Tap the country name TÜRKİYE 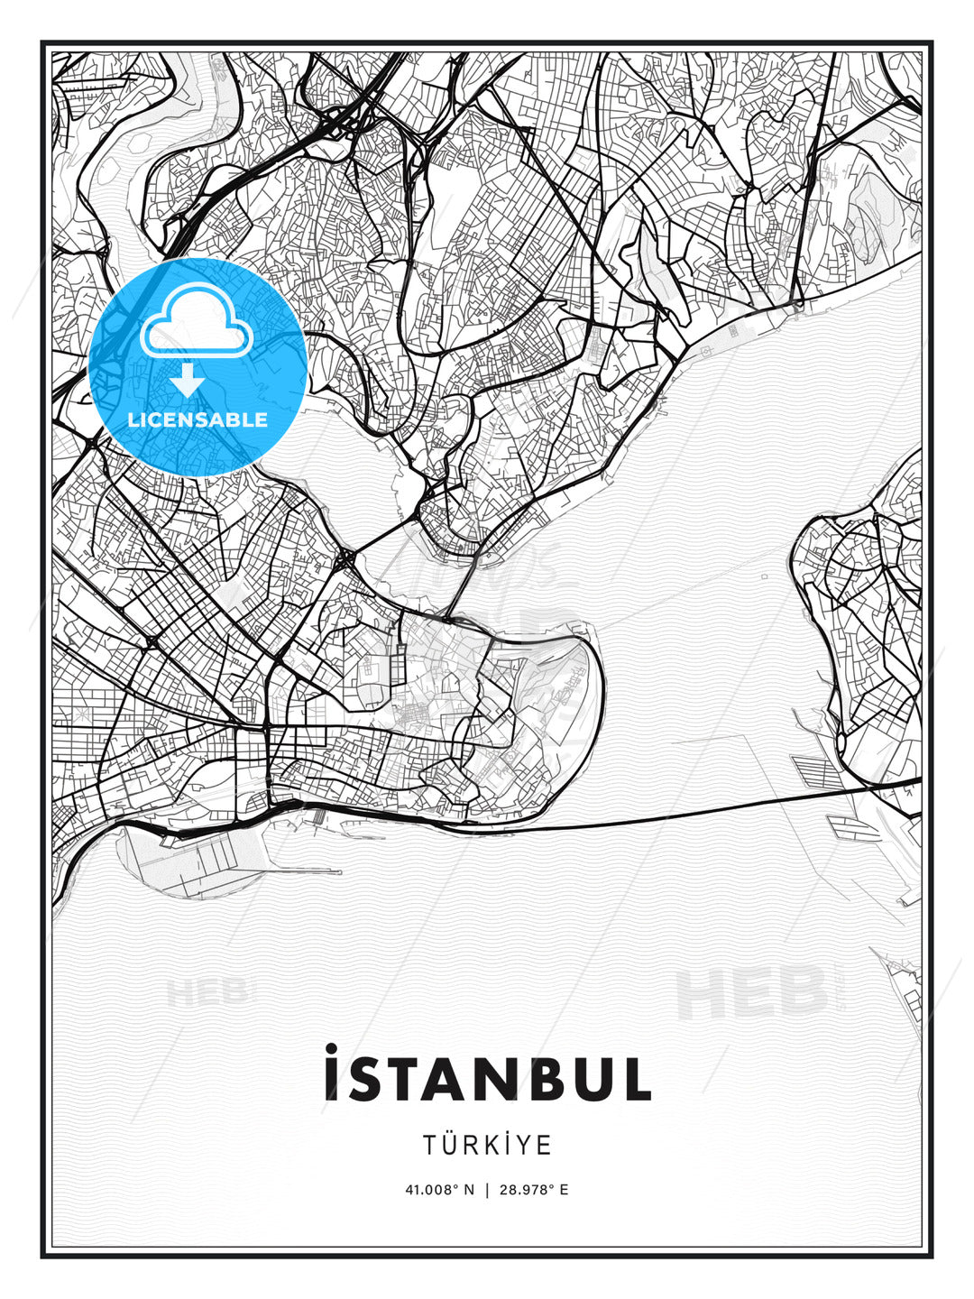tap(487, 1145)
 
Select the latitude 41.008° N tap(439, 1190)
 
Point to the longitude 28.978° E tap(533, 1190)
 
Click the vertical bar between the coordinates tap(487, 1190)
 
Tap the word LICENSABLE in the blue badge tap(198, 419)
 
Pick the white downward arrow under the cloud tap(188, 379)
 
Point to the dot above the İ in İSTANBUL tap(331, 1048)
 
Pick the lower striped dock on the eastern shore tap(852, 825)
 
